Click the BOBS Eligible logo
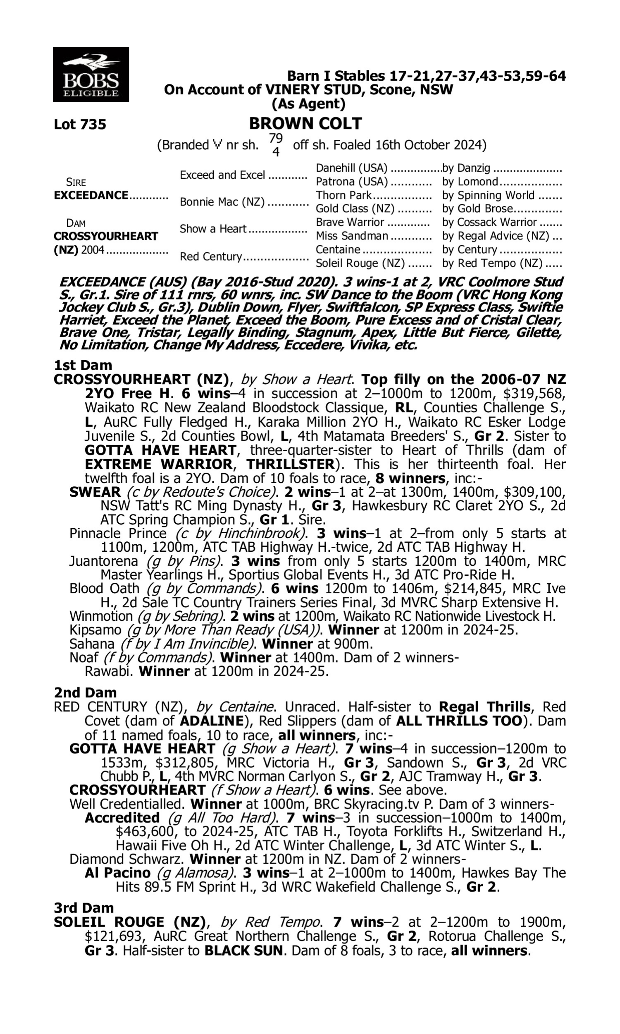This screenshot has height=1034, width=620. [91, 74]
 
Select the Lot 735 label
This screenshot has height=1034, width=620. [80, 124]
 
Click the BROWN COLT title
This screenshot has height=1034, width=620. [305, 124]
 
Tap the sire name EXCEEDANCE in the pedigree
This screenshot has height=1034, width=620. [91, 195]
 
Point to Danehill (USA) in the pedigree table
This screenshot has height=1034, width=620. [351, 168]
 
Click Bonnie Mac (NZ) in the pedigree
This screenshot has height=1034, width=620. [222, 202]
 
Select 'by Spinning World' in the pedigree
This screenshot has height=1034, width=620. [488, 195]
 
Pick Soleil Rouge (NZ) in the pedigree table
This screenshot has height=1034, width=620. [360, 263]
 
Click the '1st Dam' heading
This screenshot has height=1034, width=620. [83, 365]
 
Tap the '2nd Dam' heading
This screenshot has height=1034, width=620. [85, 692]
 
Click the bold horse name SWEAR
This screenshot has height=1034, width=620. [95, 492]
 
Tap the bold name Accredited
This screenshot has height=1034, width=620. [122, 818]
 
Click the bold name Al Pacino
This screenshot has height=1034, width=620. [117, 873]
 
